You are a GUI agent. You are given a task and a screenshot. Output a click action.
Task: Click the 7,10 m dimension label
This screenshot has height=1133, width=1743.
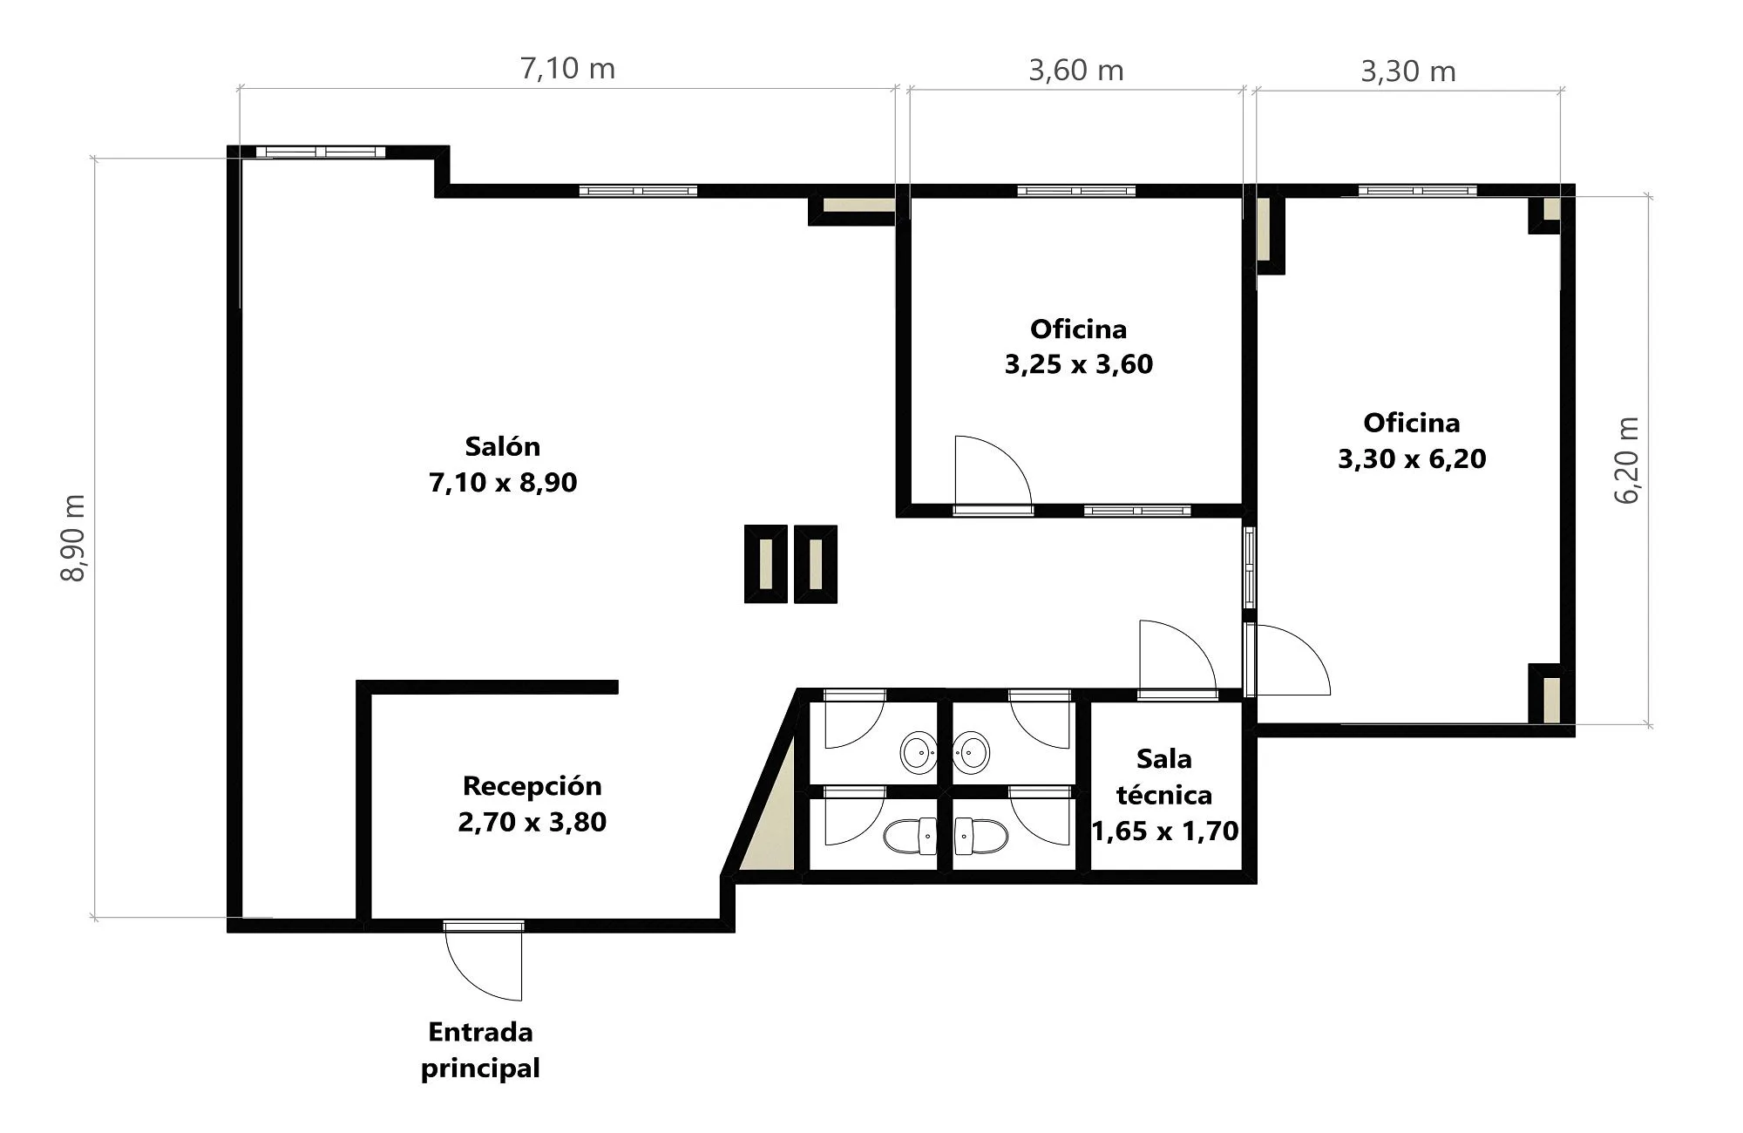click(x=567, y=69)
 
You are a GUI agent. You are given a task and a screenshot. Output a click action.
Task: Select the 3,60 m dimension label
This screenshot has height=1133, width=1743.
click(x=1076, y=71)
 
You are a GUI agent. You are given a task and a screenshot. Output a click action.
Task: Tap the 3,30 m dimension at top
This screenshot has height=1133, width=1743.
click(x=1408, y=71)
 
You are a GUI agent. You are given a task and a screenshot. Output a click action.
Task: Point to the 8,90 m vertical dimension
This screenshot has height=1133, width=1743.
click(x=73, y=538)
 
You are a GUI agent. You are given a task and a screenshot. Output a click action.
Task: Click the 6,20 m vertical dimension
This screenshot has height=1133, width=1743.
click(x=1627, y=461)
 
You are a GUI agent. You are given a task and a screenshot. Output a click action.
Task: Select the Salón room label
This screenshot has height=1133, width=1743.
click(x=503, y=446)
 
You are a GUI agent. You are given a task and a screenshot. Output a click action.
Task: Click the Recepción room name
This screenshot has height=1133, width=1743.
click(x=532, y=786)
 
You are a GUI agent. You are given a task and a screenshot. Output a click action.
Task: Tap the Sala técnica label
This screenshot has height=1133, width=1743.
click(x=1164, y=777)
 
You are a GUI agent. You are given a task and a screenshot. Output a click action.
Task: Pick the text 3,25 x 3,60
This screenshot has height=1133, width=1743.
click(x=1079, y=364)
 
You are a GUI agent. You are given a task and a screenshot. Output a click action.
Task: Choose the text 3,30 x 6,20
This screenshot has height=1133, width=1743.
click(x=1412, y=459)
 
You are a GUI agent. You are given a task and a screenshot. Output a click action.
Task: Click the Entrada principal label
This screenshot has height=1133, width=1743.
click(x=480, y=1050)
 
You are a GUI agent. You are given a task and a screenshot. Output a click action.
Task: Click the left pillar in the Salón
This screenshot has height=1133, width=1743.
click(x=766, y=564)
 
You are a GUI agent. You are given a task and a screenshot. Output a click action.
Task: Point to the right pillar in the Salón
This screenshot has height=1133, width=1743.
click(x=816, y=564)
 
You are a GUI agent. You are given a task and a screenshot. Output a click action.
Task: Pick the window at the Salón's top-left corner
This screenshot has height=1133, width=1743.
click(x=321, y=152)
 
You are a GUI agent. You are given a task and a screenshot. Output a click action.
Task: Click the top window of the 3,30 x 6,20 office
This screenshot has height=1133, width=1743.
click(x=1417, y=190)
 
